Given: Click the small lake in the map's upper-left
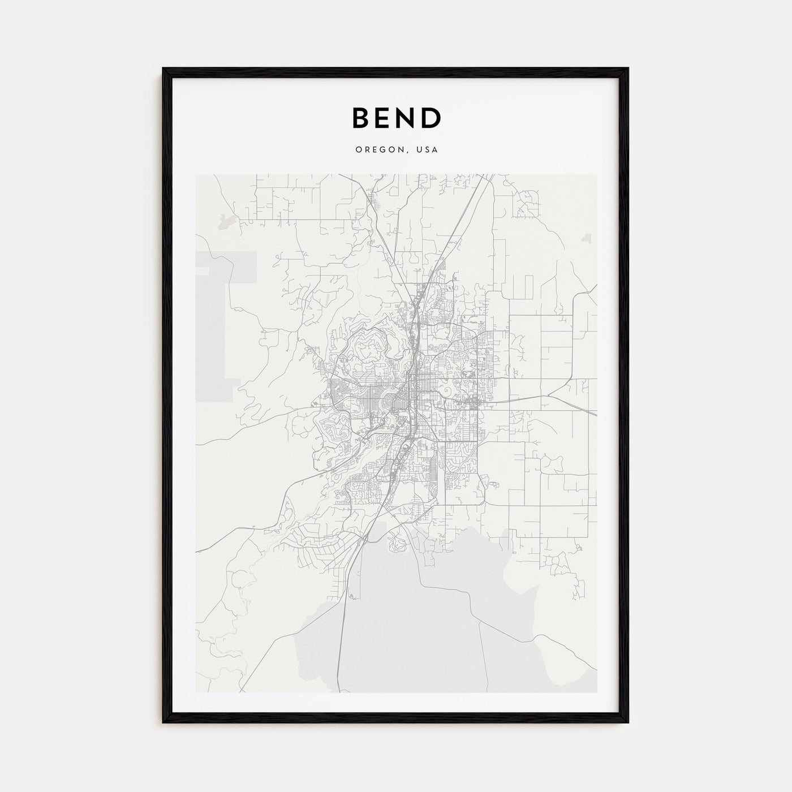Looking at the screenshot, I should [x=225, y=222].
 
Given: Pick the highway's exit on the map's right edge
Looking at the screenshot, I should [x=596, y=415].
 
